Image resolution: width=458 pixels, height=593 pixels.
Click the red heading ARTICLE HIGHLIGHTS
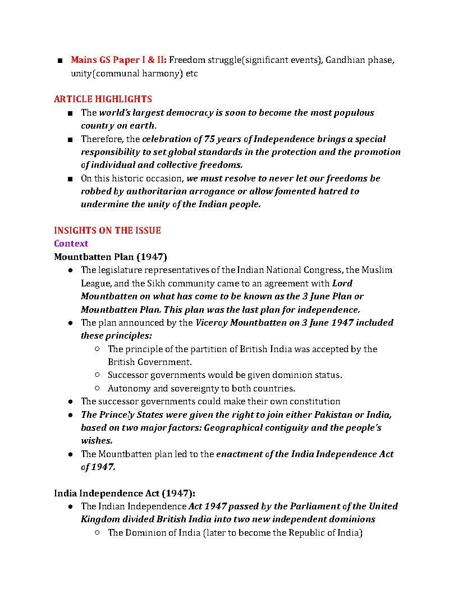103,99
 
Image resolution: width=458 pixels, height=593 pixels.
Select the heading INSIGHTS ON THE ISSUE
107,231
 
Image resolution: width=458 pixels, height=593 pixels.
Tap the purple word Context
71,244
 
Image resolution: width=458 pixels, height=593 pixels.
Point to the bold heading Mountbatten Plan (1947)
111,257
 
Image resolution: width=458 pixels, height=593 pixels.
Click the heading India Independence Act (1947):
125,493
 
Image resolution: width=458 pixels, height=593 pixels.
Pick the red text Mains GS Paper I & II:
118,60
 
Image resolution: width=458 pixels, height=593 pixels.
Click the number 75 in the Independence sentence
210,139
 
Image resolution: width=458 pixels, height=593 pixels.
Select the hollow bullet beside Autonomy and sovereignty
97,389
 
